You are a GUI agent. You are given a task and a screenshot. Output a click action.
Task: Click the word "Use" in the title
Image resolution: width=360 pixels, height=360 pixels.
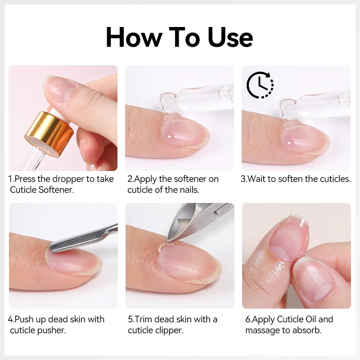pyautogui.click(x=230, y=38)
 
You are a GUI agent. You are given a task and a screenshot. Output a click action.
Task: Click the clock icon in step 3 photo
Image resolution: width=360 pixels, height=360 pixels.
pyautogui.click(x=260, y=84)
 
